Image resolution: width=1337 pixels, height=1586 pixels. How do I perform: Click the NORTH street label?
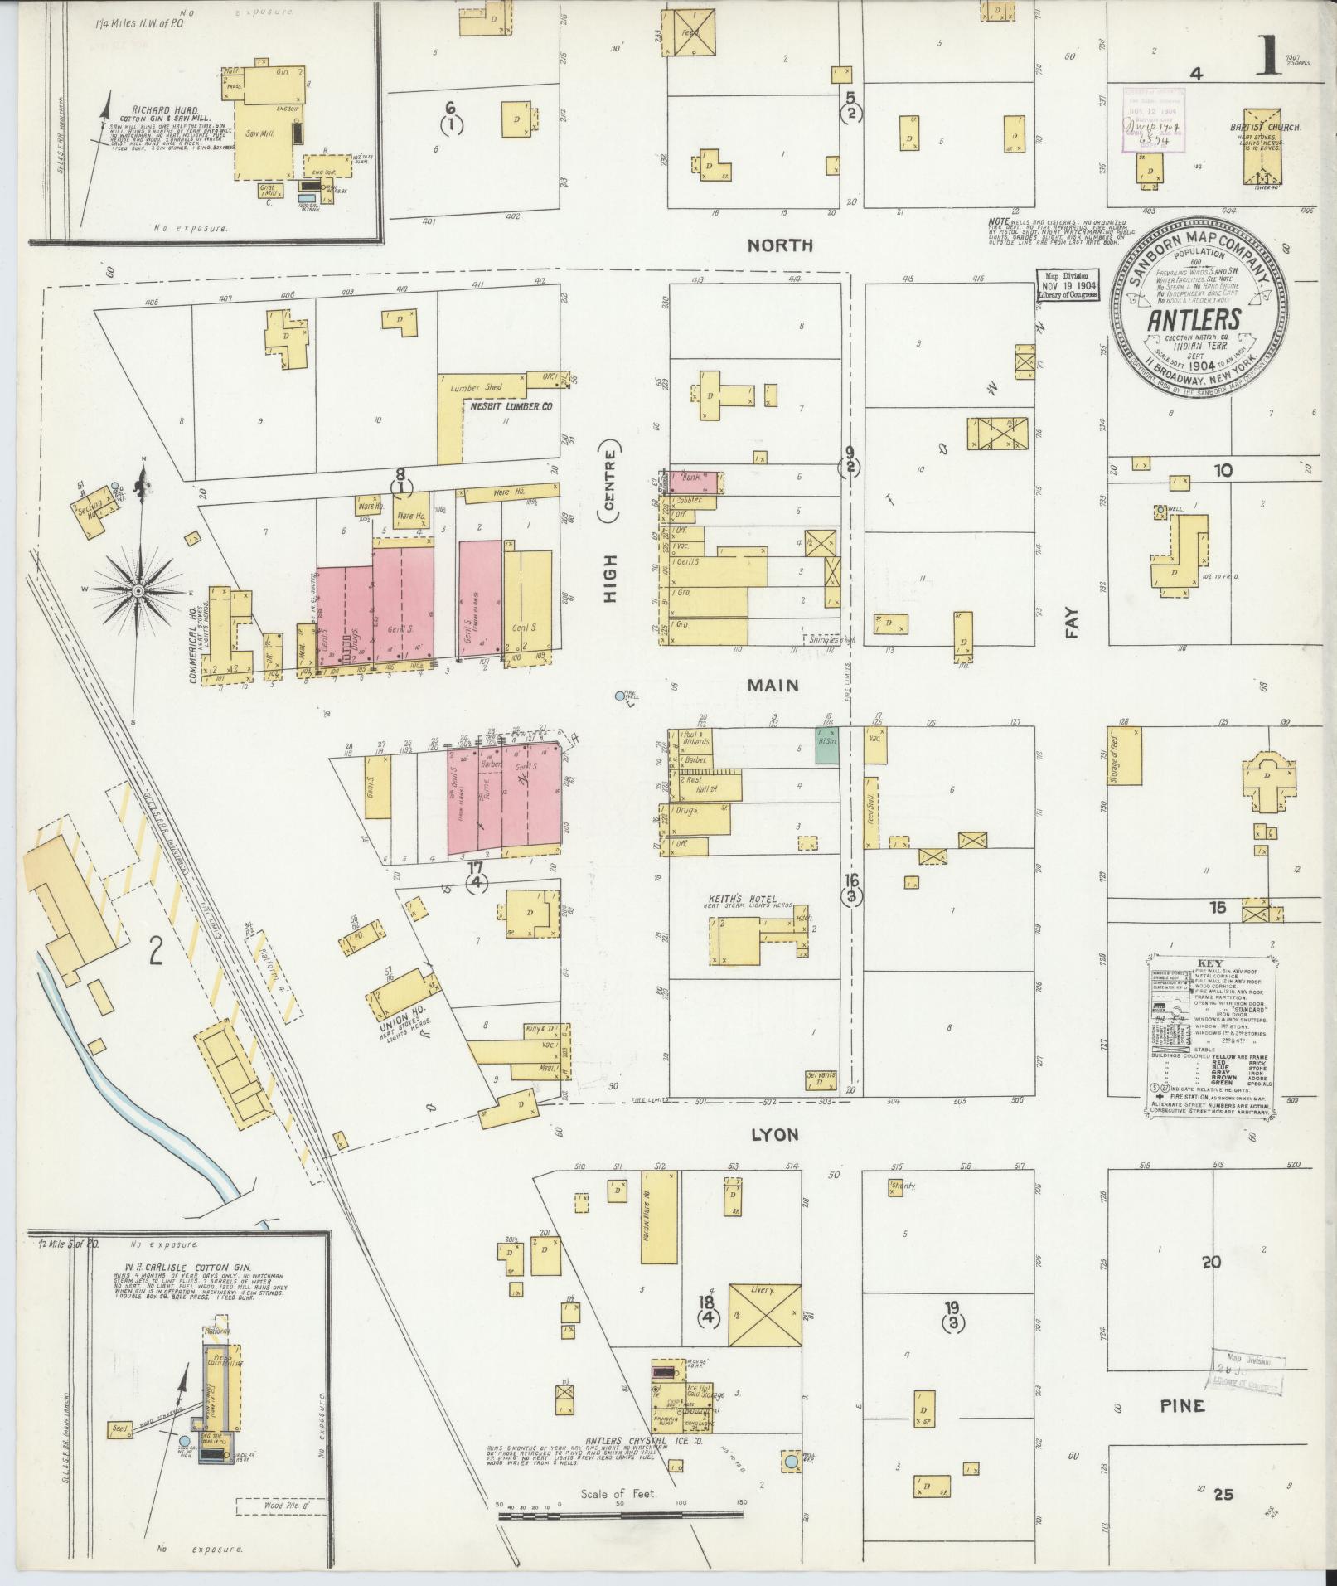[x=780, y=245]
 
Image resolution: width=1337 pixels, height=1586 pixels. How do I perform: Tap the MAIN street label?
[x=773, y=686]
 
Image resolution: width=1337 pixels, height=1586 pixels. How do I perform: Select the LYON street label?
[x=775, y=1134]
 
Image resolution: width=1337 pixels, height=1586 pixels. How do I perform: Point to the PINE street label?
[x=1181, y=1406]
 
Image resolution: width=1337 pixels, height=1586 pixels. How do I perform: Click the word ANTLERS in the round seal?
[x=1194, y=320]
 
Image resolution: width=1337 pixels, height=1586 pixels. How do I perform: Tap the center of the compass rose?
[x=138, y=589]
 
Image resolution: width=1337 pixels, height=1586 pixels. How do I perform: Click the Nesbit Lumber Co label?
[x=511, y=407]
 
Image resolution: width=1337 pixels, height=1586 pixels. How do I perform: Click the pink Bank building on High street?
[x=695, y=480]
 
